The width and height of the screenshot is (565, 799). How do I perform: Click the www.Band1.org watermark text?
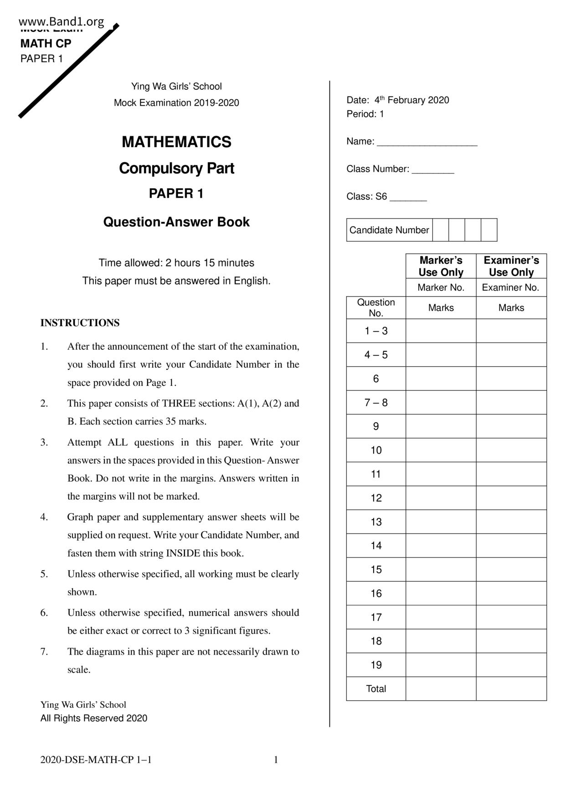[62, 21]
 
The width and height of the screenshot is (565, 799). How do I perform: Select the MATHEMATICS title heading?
[176, 142]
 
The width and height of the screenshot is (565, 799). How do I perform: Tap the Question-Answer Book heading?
[176, 222]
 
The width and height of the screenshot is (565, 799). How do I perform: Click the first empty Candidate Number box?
[441, 230]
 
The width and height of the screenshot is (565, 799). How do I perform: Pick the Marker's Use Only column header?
[441, 266]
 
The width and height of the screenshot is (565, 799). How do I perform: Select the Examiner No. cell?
[510, 287]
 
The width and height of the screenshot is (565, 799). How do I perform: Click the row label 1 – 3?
[376, 331]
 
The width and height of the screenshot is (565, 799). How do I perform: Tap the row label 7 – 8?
[376, 403]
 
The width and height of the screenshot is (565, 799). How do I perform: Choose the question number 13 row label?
[376, 522]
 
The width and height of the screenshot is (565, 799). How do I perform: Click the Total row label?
[376, 689]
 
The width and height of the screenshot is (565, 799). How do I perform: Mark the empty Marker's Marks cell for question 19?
[441, 665]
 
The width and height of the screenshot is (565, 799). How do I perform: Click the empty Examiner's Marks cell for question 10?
[511, 451]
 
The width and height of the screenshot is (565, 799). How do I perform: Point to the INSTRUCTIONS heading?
[80, 323]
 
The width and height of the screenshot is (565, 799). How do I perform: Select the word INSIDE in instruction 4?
[183, 553]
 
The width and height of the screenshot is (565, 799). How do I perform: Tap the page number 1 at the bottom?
[276, 760]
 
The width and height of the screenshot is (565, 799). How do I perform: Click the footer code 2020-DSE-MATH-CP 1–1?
[96, 760]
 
